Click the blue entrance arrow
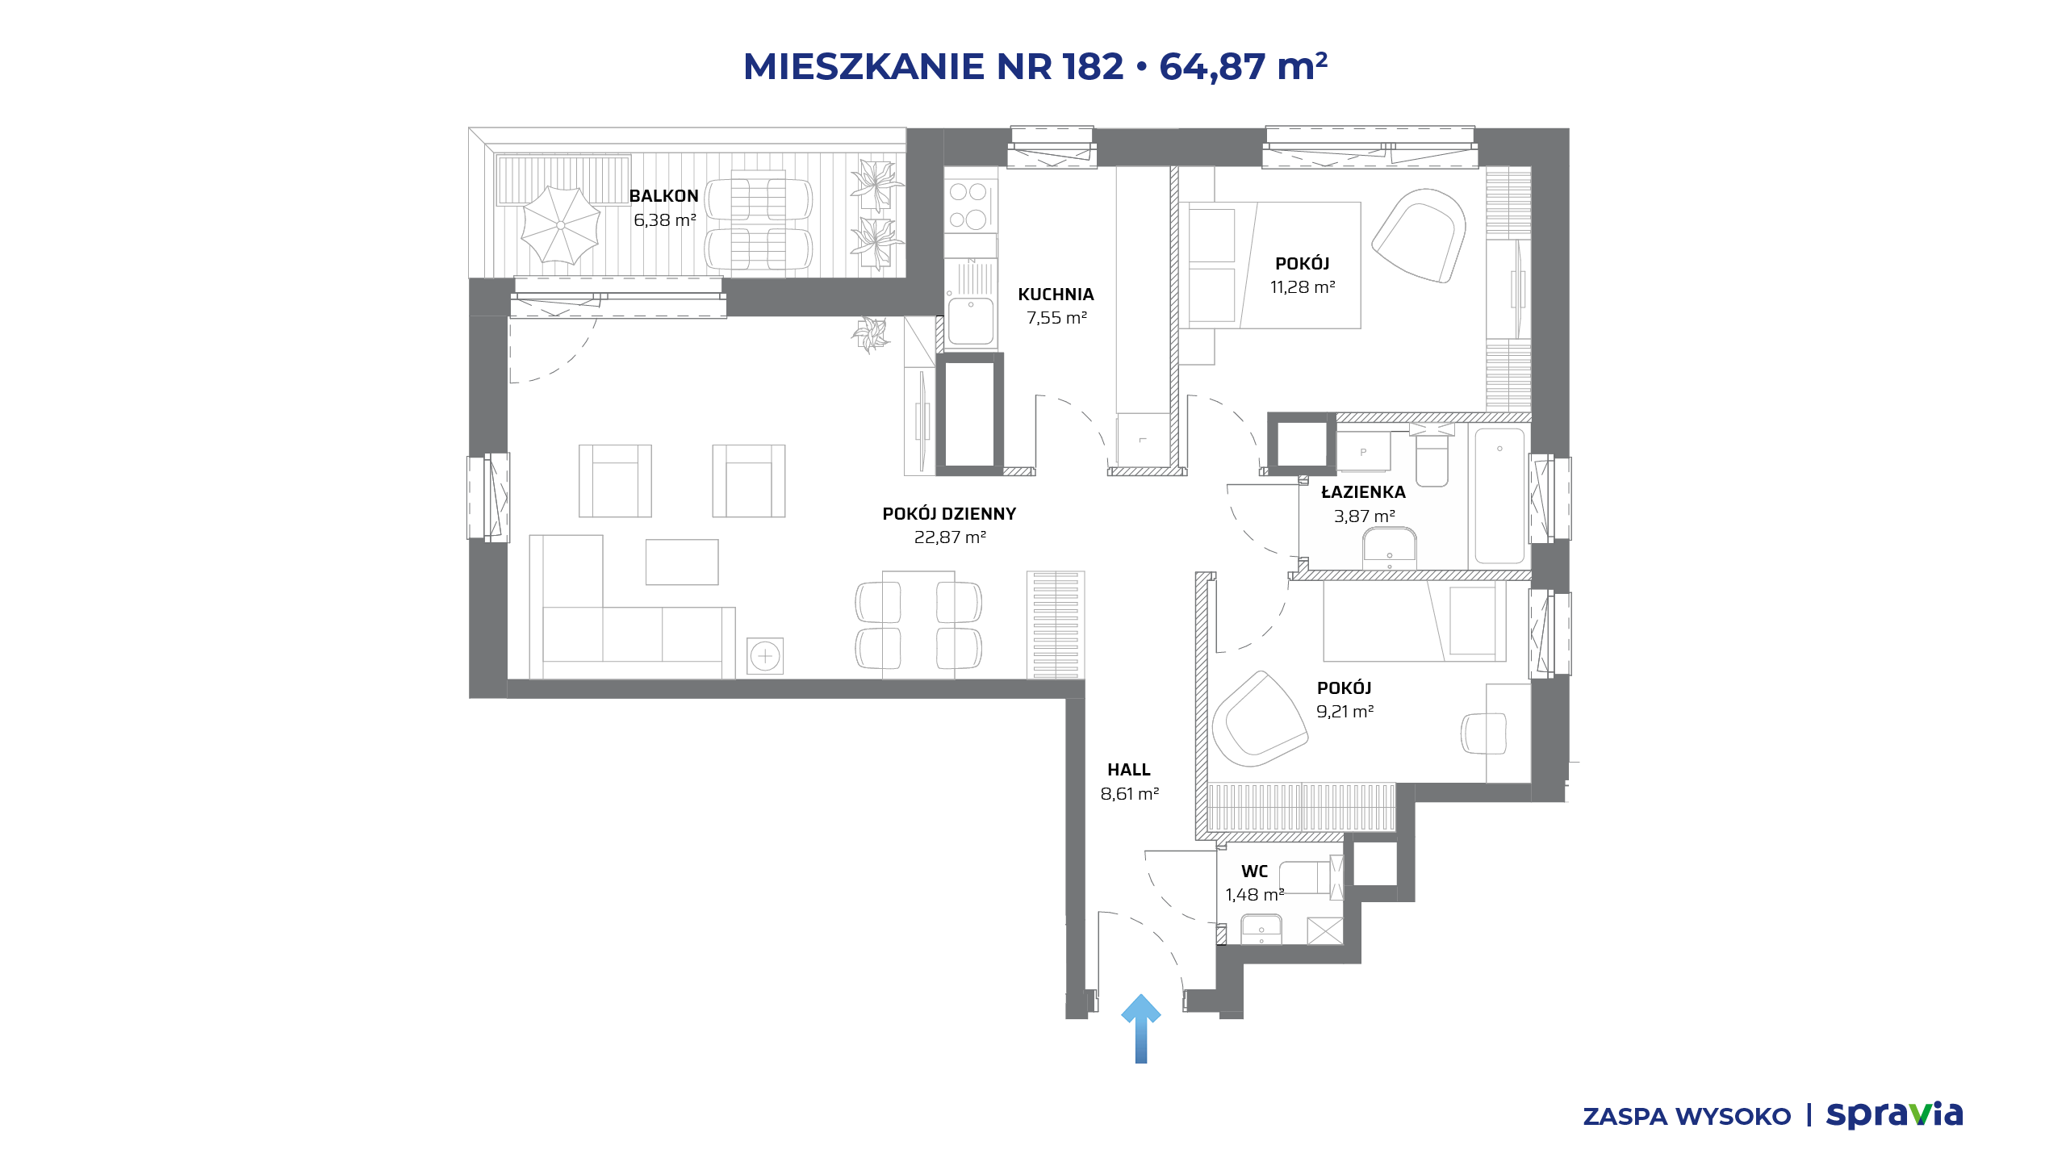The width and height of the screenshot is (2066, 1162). point(1141,1029)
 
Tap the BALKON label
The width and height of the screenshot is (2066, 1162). point(663,196)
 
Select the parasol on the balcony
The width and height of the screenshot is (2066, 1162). point(560,225)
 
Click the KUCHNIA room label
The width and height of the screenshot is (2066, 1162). point(1056,295)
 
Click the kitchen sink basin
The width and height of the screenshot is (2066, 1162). point(971,320)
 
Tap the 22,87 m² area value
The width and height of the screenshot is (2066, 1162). point(950,537)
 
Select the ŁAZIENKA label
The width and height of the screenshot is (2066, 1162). point(1363,492)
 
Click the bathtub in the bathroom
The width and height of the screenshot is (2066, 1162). point(1499,495)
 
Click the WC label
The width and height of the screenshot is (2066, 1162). point(1254,871)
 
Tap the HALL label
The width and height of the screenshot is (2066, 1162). point(1129,770)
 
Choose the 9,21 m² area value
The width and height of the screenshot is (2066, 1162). point(1345,712)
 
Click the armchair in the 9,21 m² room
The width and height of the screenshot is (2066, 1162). point(1259,718)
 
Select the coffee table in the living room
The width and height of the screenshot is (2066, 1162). point(682,562)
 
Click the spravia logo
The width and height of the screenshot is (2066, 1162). point(1894,1114)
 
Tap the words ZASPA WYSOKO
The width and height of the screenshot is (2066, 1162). point(1687,1116)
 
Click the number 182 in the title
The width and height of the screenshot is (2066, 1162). point(1093,66)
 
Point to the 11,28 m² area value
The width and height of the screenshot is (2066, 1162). point(1303,287)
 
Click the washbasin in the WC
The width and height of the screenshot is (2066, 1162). point(1261,929)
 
